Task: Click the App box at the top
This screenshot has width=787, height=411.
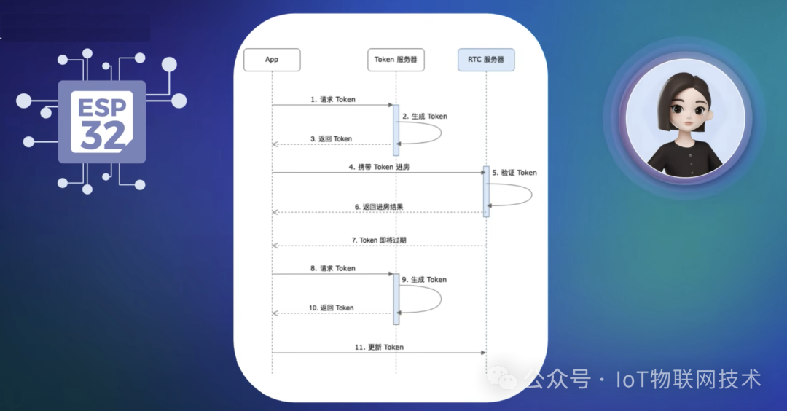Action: [272, 60]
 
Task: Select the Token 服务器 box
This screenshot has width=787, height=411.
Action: [396, 60]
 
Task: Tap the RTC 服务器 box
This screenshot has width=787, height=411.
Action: [486, 60]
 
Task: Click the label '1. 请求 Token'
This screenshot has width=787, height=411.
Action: [333, 99]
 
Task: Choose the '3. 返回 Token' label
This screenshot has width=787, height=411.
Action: [331, 138]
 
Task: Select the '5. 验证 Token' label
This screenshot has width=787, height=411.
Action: [514, 173]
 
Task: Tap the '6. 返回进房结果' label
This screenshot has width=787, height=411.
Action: [379, 207]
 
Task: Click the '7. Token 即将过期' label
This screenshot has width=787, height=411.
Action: [380, 240]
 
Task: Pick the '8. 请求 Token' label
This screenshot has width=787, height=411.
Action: [333, 268]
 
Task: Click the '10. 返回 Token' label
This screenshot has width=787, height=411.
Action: [331, 308]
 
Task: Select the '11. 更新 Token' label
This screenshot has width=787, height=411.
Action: [379, 347]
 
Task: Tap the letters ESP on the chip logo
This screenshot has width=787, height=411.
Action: [103, 106]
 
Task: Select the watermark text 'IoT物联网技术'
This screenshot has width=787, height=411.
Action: [688, 379]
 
